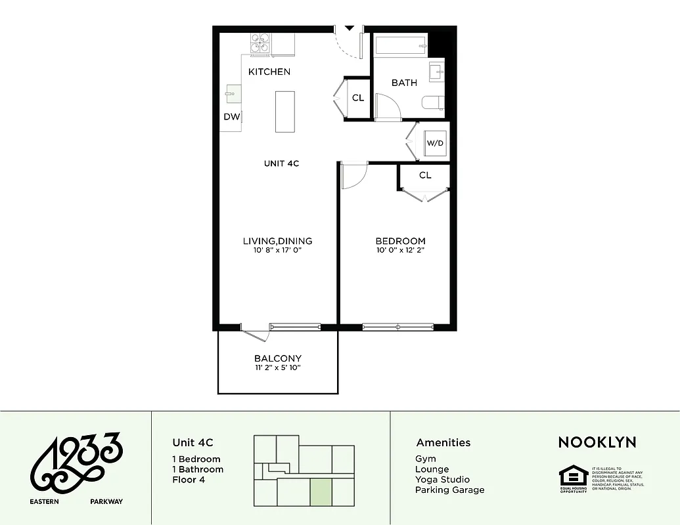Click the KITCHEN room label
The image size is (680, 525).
pyautogui.click(x=269, y=72)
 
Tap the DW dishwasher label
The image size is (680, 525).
pyautogui.click(x=231, y=117)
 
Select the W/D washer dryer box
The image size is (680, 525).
pyautogui.click(x=434, y=142)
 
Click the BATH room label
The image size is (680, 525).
pyautogui.click(x=404, y=83)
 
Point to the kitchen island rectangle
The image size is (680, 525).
pyautogui.click(x=284, y=112)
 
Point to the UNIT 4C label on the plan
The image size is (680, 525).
pyautogui.click(x=281, y=163)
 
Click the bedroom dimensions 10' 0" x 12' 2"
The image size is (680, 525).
pyautogui.click(x=400, y=250)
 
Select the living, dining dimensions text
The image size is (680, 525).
pyautogui.click(x=277, y=250)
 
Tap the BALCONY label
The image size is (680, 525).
pyautogui.click(x=278, y=358)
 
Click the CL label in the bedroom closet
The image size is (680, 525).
pyautogui.click(x=425, y=175)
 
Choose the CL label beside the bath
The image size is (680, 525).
pyautogui.click(x=358, y=98)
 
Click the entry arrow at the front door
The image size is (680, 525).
pyautogui.click(x=350, y=28)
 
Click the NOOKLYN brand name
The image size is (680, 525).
pyautogui.click(x=597, y=442)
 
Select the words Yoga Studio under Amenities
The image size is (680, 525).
pyautogui.click(x=442, y=479)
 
